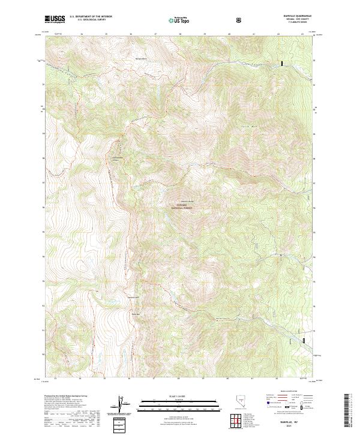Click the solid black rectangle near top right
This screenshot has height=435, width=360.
point(282,62)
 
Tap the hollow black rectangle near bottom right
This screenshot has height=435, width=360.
point(304,341)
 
